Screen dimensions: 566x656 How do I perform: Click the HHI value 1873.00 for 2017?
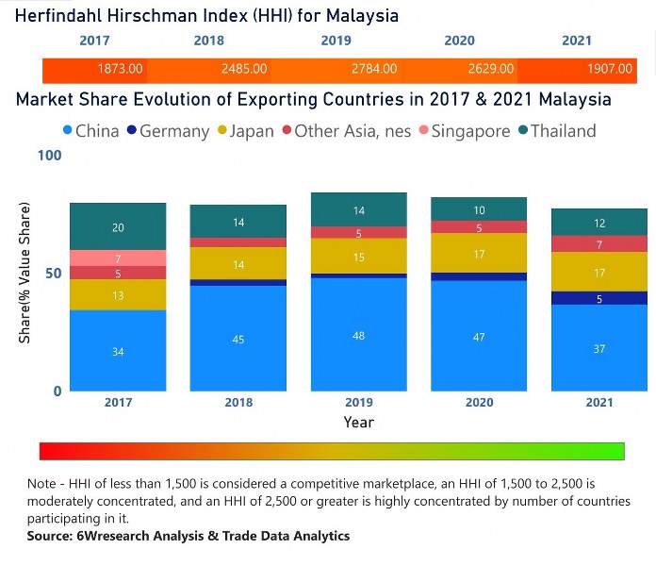121,69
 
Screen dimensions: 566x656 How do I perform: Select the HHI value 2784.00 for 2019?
374,69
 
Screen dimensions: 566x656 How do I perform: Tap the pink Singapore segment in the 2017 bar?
118,258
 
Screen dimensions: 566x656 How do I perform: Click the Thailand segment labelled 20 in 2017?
118,226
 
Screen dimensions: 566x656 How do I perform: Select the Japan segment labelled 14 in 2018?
238,264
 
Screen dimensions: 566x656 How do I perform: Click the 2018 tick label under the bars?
239,403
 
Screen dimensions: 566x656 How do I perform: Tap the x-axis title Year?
358,422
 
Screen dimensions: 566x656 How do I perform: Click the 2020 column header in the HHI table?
459,41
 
